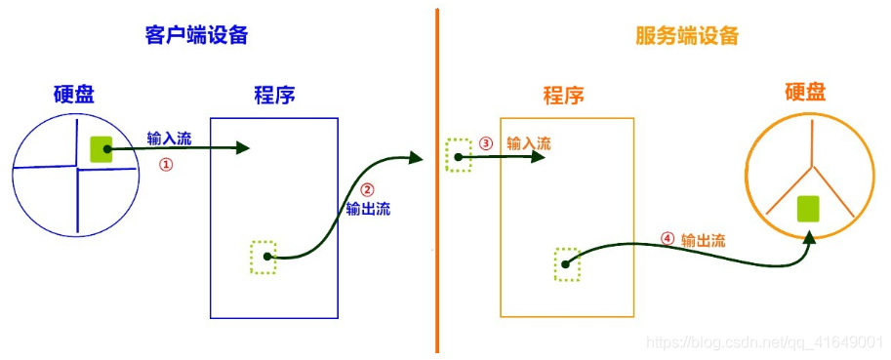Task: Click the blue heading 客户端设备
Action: point(191,36)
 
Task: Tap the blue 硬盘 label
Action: point(81,95)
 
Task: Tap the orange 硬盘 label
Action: point(805,92)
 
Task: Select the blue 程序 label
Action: point(274,96)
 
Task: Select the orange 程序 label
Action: point(564,96)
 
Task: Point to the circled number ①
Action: point(166,166)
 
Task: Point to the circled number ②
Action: point(367,190)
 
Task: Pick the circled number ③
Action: point(487,143)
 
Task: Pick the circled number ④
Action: point(667,238)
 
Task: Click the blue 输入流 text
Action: point(169,139)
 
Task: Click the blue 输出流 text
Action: point(368,209)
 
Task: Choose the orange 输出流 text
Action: point(703,239)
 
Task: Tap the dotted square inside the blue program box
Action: point(263,257)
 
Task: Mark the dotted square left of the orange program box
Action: point(458,155)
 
